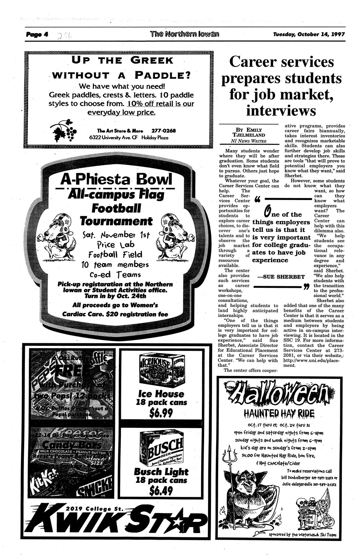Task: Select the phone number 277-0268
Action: pos(164,130)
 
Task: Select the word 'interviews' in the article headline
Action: pos(281,110)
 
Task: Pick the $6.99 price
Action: pos(161,413)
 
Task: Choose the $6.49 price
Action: pos(161,490)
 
